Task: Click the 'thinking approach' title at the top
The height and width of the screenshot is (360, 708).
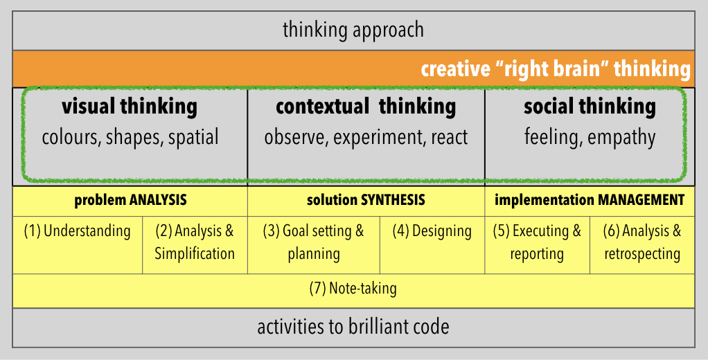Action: (x=353, y=30)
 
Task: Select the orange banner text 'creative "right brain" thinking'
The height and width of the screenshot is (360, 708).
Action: (x=556, y=69)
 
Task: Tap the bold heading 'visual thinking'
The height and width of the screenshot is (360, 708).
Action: (x=130, y=107)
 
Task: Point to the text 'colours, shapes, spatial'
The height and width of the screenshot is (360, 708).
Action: (x=130, y=137)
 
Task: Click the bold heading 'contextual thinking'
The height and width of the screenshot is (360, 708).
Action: (x=366, y=107)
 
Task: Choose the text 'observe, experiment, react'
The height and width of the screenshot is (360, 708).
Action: (x=366, y=137)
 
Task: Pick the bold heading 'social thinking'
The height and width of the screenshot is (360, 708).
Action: (x=590, y=107)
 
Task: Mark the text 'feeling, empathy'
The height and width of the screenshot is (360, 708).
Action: (x=590, y=137)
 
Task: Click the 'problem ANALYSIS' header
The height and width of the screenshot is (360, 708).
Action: (x=130, y=200)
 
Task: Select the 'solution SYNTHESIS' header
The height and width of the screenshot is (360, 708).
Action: (x=366, y=200)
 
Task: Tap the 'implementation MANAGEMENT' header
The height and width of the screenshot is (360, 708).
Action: (x=590, y=200)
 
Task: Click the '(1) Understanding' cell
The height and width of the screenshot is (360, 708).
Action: (x=77, y=231)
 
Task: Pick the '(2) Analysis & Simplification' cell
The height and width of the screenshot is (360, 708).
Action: (x=195, y=242)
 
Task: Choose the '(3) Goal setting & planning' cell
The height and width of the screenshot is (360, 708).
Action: (x=313, y=242)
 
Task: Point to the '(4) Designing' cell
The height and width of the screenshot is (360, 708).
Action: (x=432, y=231)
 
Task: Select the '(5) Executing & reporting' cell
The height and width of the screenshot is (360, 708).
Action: (x=537, y=242)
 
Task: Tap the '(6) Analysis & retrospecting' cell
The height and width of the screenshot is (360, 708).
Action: (x=642, y=242)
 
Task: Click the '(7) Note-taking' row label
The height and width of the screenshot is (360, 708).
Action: (x=353, y=288)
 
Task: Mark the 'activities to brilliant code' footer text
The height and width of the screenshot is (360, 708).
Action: (x=353, y=327)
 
